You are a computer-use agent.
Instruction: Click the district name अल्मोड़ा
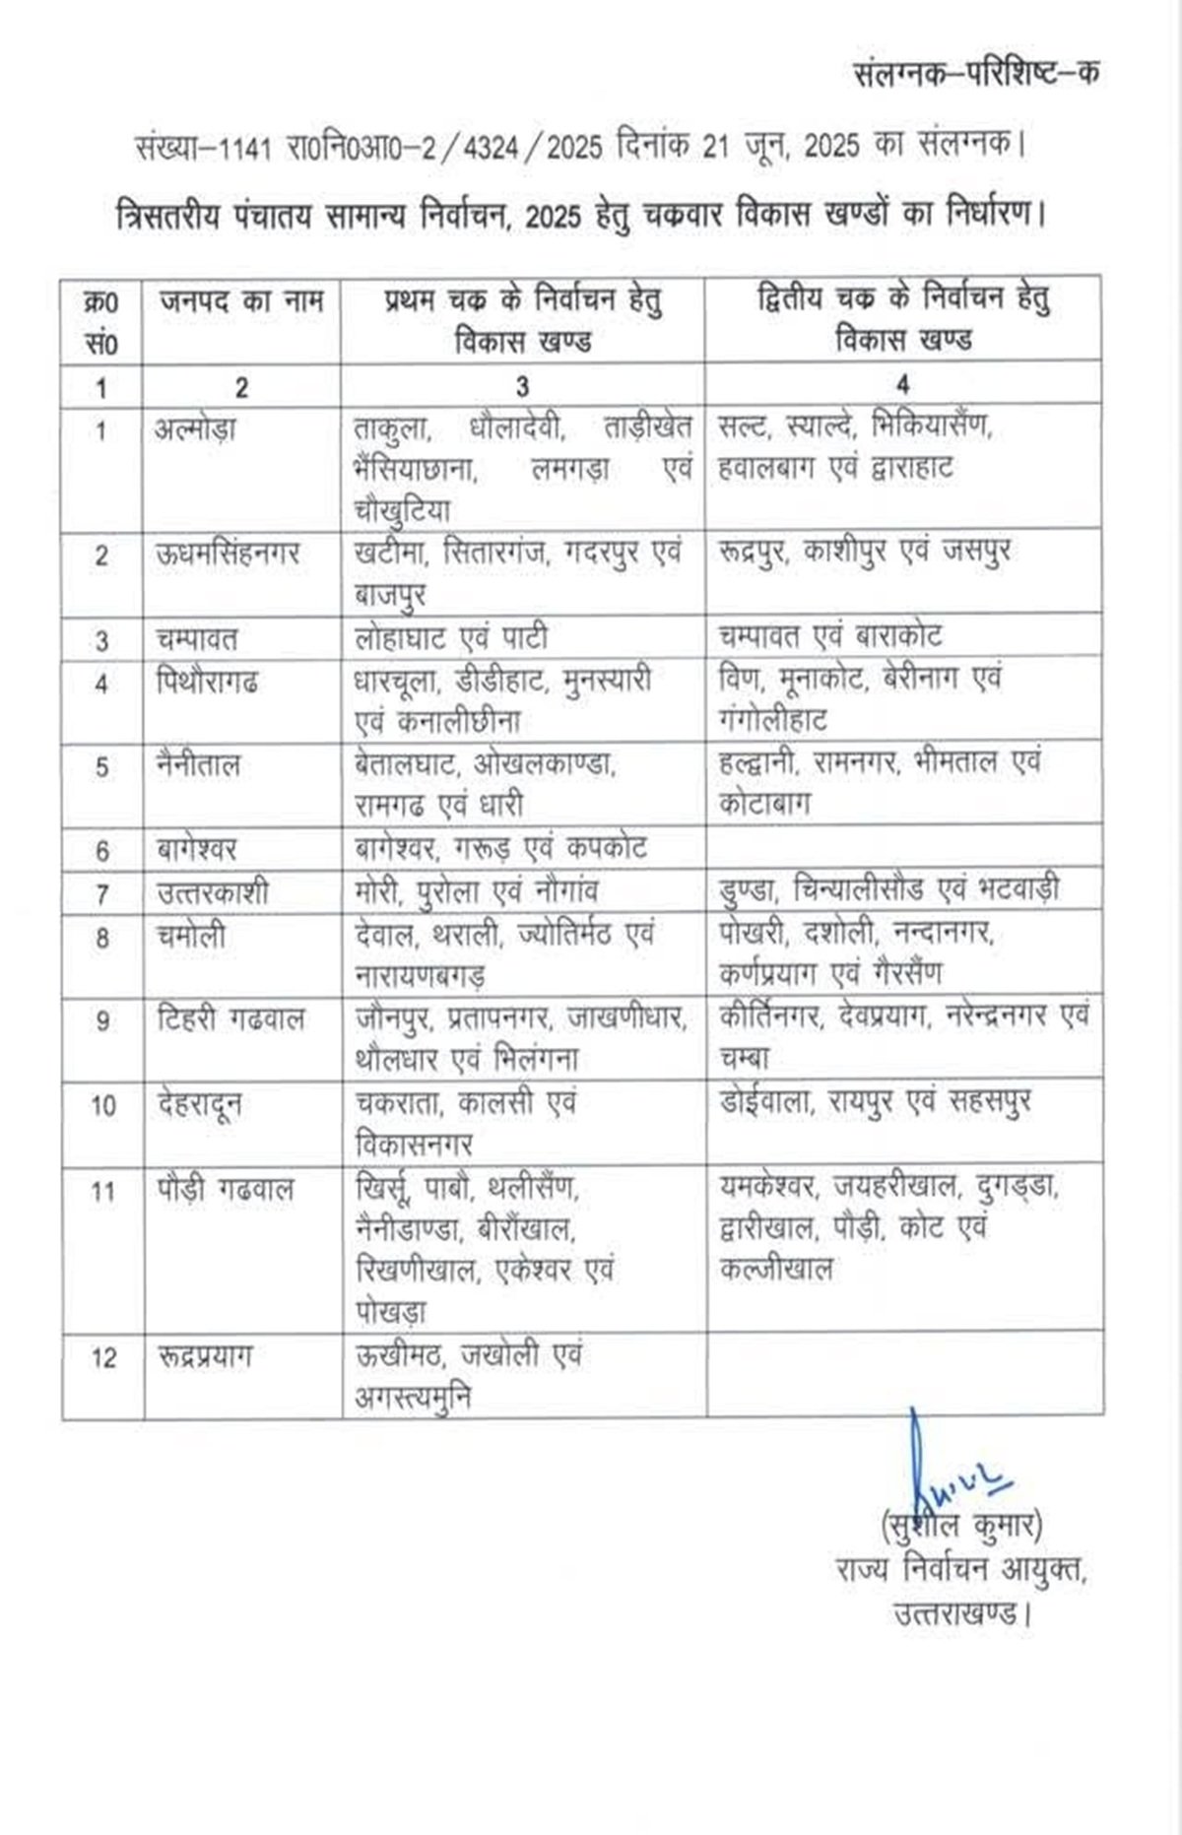[196, 428]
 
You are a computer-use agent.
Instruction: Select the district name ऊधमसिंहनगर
[228, 554]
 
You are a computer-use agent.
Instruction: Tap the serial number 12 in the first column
[103, 1357]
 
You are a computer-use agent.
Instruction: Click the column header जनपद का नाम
[241, 300]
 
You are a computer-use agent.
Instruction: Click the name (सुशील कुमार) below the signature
[961, 1526]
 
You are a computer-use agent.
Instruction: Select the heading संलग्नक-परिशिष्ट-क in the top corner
[975, 73]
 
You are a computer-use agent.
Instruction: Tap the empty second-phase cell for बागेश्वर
[903, 849]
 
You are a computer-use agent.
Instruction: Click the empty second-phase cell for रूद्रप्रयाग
[903, 1376]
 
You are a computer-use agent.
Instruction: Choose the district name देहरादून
[200, 1104]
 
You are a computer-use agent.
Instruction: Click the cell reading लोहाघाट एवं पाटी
[451, 638]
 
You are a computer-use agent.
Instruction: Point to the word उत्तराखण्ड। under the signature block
[963, 1614]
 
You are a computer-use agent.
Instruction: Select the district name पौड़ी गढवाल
[226, 1190]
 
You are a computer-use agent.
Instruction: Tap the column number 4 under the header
[902, 384]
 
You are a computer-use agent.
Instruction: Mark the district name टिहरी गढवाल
[230, 1018]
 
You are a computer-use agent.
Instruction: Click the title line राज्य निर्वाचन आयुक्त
[959, 1570]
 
